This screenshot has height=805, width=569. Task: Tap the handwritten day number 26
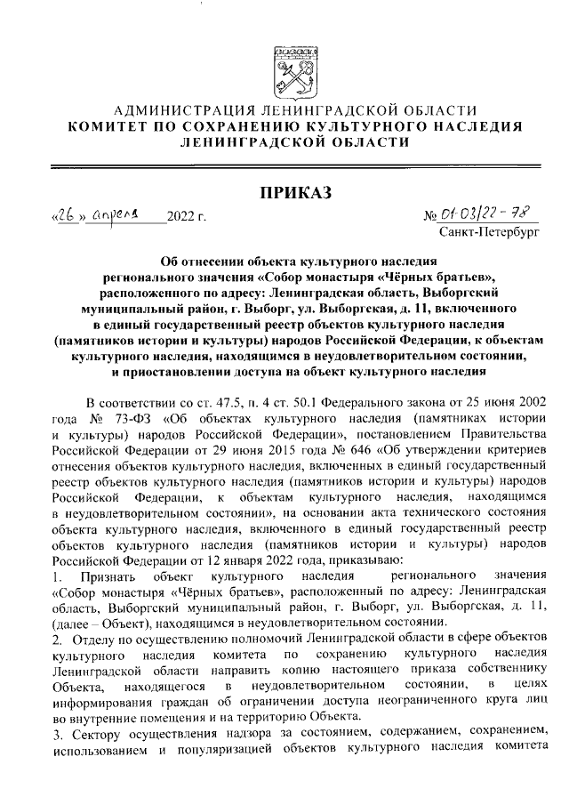click(65, 214)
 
